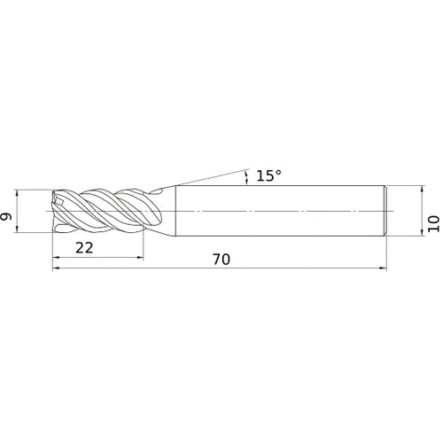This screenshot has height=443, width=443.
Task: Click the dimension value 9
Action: (6, 216)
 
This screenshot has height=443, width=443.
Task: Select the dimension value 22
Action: (84, 248)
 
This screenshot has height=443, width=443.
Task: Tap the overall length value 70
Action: (221, 260)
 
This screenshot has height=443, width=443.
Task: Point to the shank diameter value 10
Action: (433, 223)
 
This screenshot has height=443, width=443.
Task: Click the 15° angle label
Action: (268, 175)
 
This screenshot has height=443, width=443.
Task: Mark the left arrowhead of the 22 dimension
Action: (56, 258)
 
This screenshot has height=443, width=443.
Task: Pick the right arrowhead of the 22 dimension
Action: (140, 258)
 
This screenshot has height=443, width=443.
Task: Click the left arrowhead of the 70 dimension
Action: (56, 268)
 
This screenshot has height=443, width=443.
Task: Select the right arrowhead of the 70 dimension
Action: (383, 268)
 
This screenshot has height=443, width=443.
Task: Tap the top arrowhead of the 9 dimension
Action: (17, 193)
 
